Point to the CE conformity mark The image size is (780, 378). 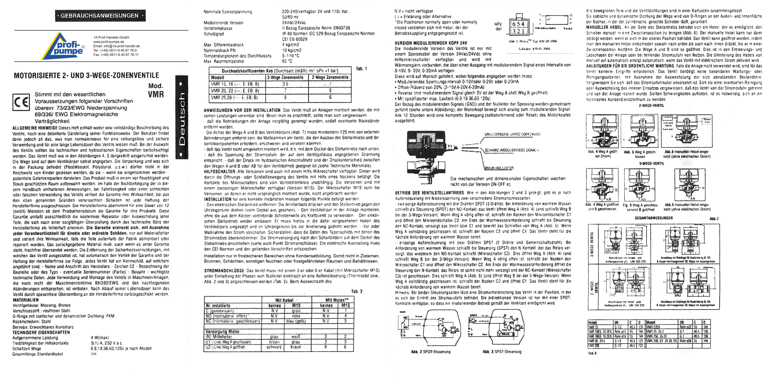point(21,102)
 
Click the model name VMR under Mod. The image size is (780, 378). point(156,94)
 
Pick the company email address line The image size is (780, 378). point(116,46)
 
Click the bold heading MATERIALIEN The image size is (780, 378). point(26,300)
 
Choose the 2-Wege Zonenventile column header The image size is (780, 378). point(330,78)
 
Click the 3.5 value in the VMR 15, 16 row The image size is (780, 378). point(285,84)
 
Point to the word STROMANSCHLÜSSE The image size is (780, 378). point(224,270)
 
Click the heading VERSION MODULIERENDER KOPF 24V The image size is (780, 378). point(431,43)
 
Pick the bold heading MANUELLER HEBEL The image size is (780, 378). point(604,27)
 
